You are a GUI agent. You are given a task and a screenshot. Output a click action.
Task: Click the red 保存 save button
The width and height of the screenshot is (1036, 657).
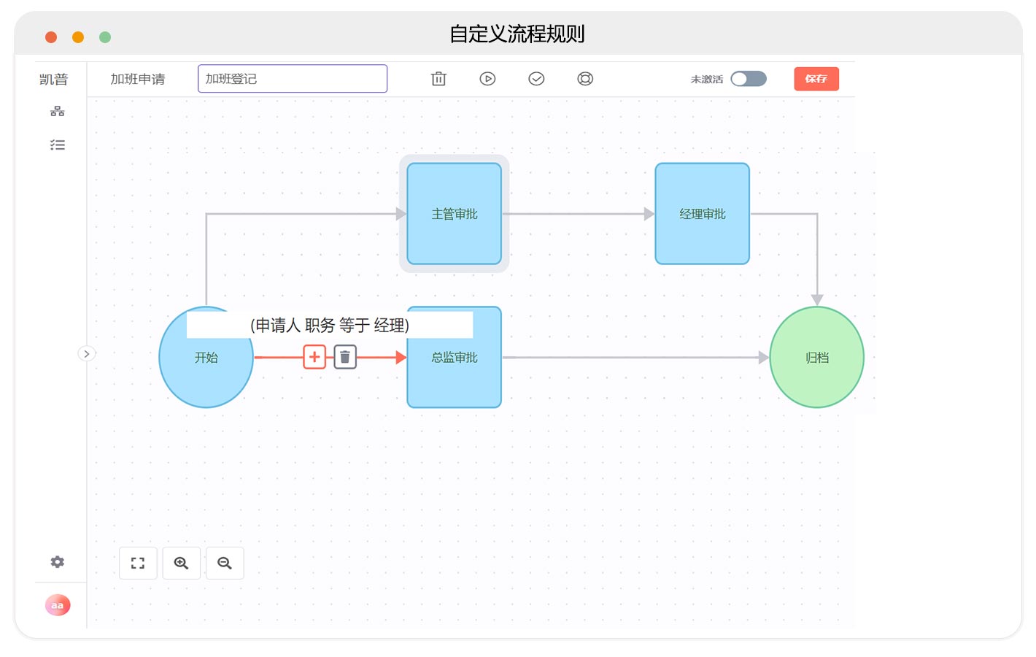coord(816,79)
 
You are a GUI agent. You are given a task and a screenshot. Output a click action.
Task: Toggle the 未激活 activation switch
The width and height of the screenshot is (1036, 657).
coord(749,79)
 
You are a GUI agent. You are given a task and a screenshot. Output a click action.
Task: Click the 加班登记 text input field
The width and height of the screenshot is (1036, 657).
coord(293,79)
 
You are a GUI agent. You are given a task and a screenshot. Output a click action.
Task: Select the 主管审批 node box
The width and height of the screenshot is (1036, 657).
coord(455,214)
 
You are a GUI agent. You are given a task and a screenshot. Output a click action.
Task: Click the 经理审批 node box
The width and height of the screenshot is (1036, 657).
coord(702,214)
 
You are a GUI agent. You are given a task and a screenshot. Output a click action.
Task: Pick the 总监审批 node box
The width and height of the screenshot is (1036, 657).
coord(455,370)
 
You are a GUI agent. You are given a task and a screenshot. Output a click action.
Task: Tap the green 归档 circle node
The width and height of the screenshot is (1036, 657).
coord(817,357)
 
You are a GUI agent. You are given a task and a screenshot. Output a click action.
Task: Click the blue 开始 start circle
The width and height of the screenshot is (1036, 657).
coord(206,370)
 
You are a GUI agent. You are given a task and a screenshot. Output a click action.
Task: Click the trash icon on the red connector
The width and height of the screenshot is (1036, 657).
coord(345,357)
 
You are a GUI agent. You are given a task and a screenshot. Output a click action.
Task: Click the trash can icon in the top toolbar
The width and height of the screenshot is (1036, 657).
coord(438,79)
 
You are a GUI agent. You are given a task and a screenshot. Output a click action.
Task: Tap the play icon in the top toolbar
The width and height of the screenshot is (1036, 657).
coord(487,79)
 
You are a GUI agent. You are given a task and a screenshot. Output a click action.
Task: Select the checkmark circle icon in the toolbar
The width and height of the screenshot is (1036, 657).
coord(536,79)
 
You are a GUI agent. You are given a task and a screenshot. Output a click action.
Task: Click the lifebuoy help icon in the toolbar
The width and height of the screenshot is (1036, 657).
coord(585,79)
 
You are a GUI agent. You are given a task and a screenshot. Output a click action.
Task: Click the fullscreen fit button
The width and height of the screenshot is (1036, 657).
coord(138,563)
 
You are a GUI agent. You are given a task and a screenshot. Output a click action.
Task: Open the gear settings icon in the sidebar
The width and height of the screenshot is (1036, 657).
coord(58,561)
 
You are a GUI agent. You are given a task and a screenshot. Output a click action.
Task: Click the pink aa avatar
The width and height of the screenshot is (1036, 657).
coord(58,605)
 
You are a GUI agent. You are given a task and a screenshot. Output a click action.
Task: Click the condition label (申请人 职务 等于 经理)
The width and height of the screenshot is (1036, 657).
coord(330,326)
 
